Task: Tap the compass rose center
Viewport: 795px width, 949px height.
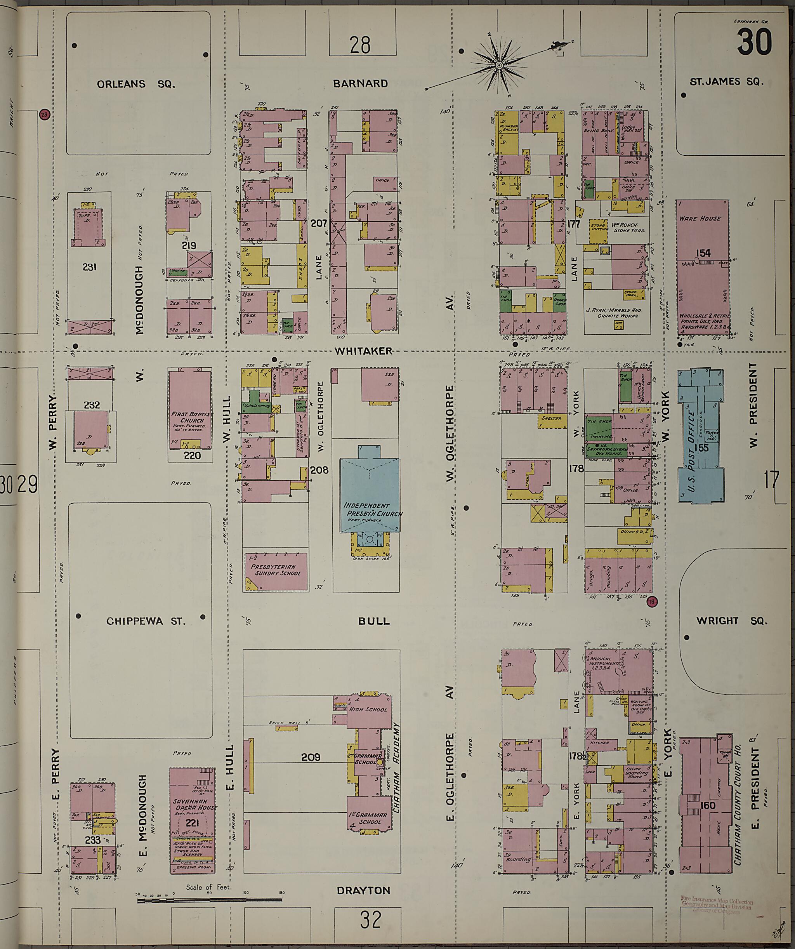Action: click(499, 66)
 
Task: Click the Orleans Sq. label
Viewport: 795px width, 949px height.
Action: click(135, 84)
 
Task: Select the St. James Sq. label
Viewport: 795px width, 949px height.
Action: click(726, 82)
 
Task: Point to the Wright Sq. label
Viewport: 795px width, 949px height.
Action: click(732, 620)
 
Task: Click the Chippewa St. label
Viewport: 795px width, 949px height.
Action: click(146, 621)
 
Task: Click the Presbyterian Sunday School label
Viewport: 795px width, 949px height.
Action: click(276, 570)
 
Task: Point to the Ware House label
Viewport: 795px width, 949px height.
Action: click(700, 218)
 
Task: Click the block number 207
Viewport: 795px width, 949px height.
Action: click(319, 223)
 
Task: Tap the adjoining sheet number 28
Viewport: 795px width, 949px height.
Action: click(359, 45)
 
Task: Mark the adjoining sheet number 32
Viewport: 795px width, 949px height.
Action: click(370, 919)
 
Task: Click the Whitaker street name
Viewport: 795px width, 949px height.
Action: click(363, 351)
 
